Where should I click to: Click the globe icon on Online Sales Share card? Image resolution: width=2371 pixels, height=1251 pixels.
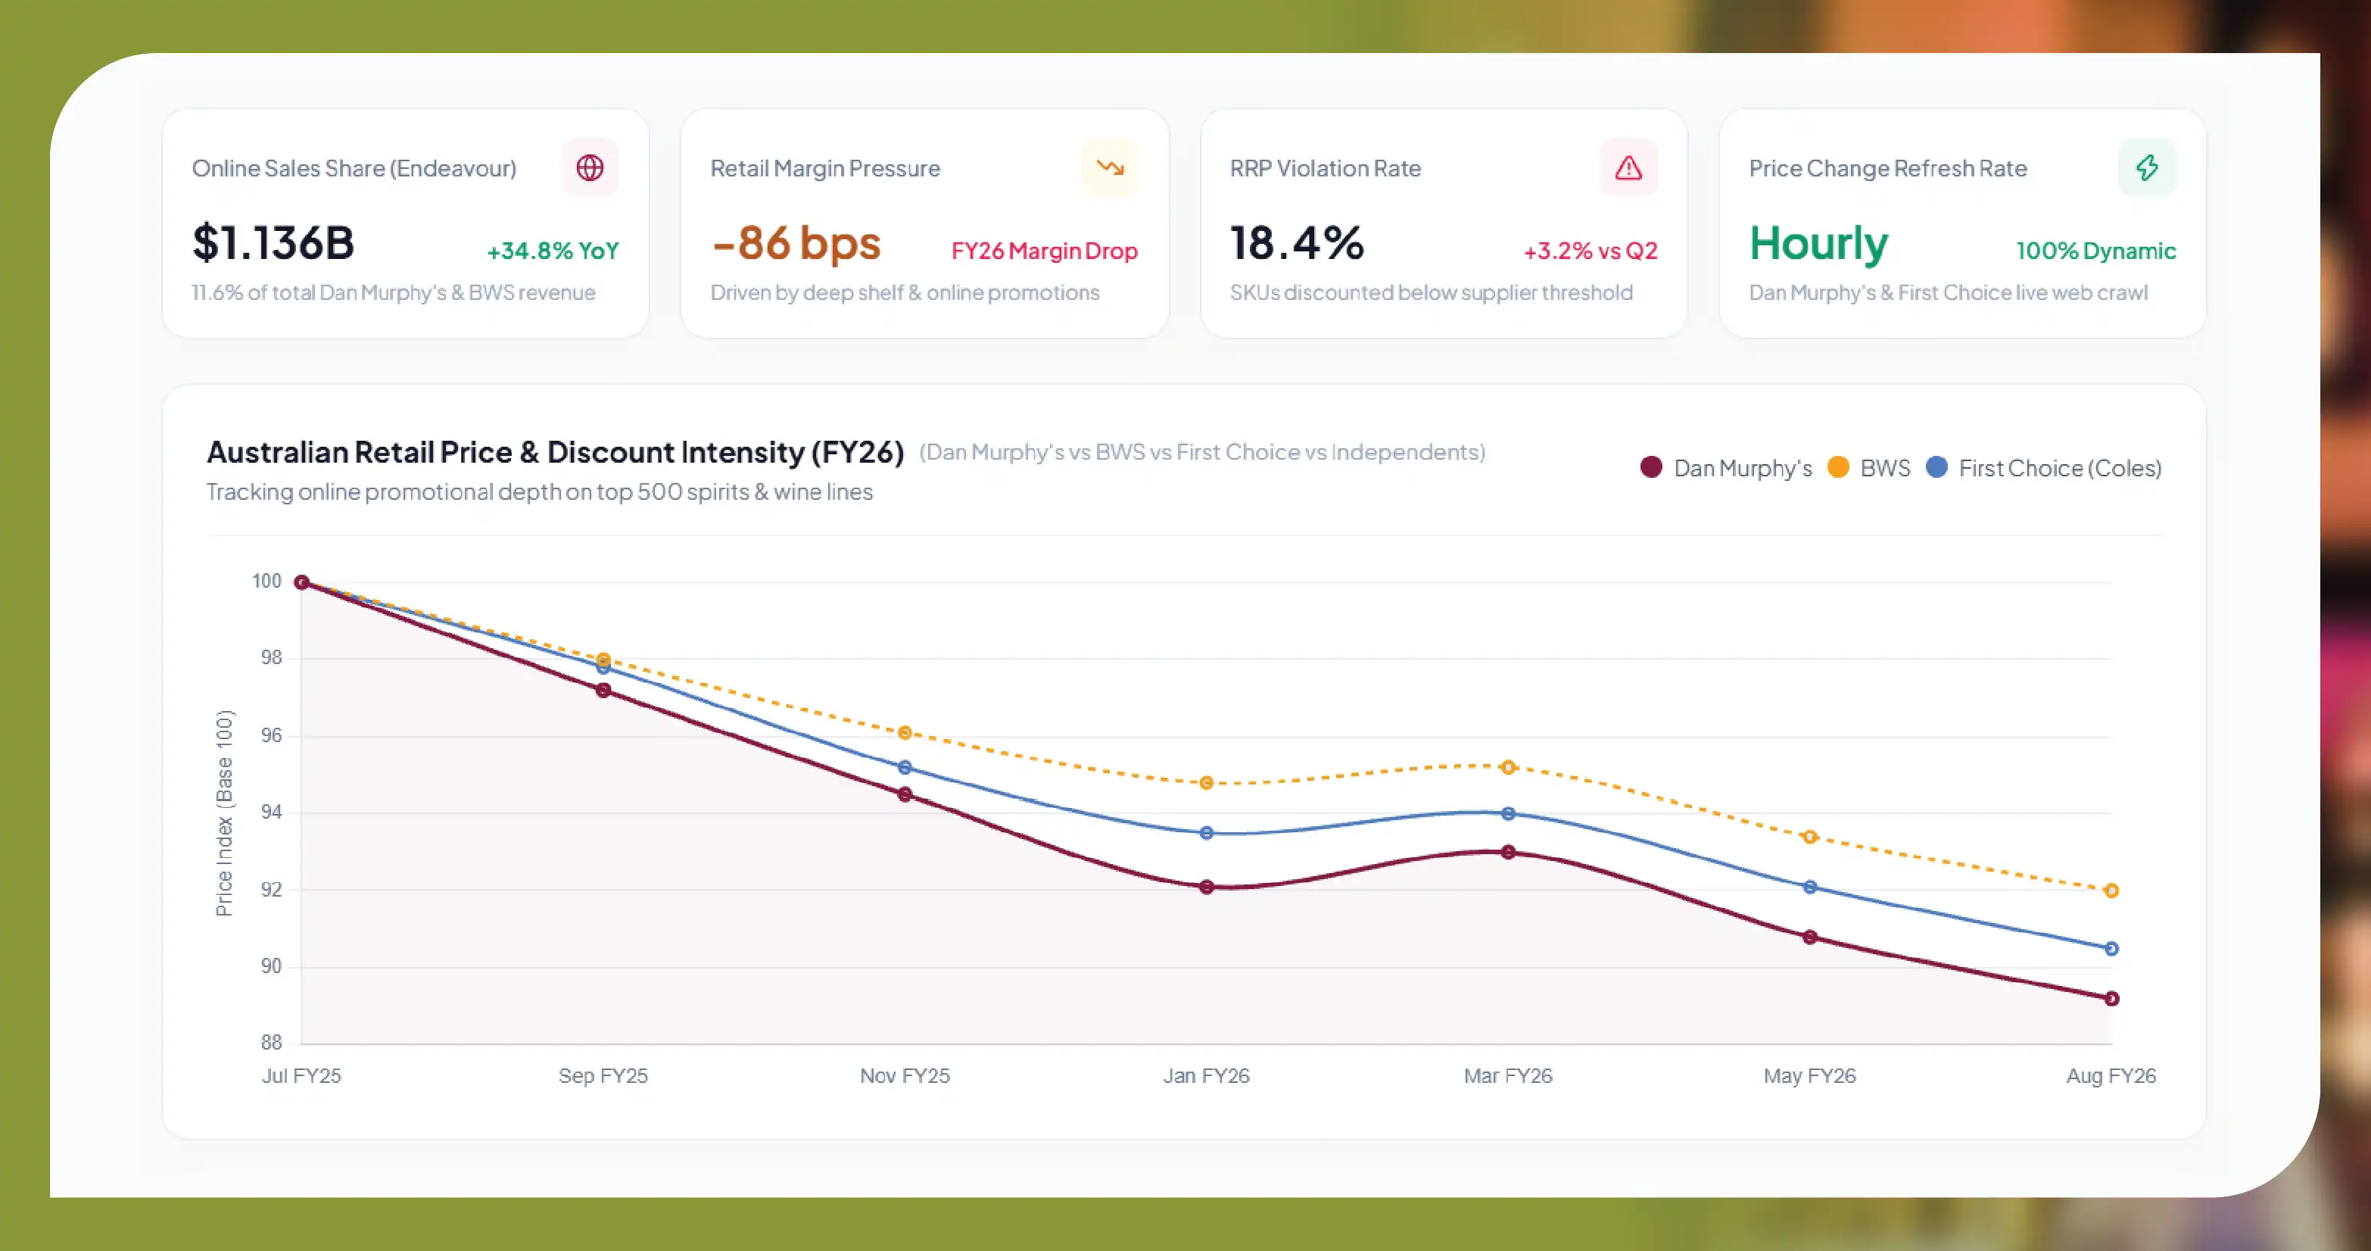click(590, 167)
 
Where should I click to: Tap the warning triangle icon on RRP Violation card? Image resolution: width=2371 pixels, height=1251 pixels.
click(1628, 167)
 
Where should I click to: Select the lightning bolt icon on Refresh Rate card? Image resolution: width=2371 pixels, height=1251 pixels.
click(2148, 167)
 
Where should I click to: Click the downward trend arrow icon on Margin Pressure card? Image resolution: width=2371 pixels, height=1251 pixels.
click(1110, 167)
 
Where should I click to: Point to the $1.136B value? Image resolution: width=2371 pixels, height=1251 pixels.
click(273, 243)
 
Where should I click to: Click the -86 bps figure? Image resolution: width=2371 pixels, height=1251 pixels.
click(796, 243)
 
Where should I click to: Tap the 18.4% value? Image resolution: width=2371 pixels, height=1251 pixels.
click(1297, 243)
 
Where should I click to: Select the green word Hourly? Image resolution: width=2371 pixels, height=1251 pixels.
click(1818, 244)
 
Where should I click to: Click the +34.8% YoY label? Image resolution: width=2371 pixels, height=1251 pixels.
click(553, 251)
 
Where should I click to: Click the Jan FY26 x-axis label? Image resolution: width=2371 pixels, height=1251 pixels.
click(1207, 1075)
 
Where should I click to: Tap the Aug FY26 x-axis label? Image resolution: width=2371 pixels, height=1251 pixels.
click(2111, 1075)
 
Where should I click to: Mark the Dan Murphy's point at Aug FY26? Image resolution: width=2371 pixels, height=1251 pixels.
click(2112, 999)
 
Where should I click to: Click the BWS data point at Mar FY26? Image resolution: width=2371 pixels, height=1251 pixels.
click(1509, 767)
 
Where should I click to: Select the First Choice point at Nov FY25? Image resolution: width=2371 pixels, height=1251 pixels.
click(905, 767)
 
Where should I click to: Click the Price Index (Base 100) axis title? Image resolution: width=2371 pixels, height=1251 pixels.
click(223, 813)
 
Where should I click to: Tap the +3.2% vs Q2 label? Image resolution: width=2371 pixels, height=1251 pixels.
click(1591, 251)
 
